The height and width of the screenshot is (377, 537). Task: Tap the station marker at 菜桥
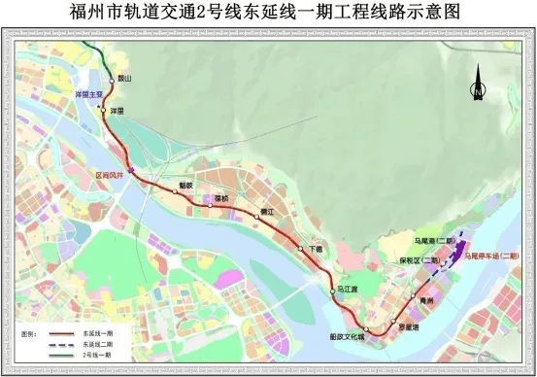pyautogui.click(x=210, y=205)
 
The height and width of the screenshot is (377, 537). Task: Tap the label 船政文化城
pyautogui.click(x=347, y=336)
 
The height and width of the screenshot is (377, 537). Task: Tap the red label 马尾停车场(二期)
pyautogui.click(x=495, y=258)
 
